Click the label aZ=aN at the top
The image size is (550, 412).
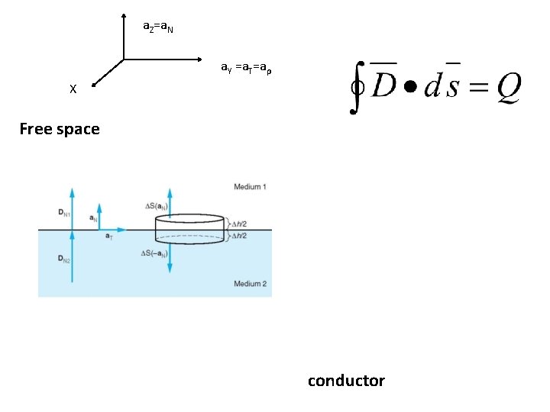point(158,27)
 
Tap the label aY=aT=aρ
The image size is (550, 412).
point(245,68)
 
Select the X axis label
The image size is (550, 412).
point(73,89)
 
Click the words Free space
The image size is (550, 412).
point(60,129)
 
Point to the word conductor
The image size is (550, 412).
point(346,381)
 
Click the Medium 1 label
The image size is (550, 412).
point(250,187)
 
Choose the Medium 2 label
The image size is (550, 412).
point(250,284)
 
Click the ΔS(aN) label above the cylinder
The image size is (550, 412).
point(157,206)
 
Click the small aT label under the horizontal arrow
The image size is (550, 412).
point(109,237)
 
